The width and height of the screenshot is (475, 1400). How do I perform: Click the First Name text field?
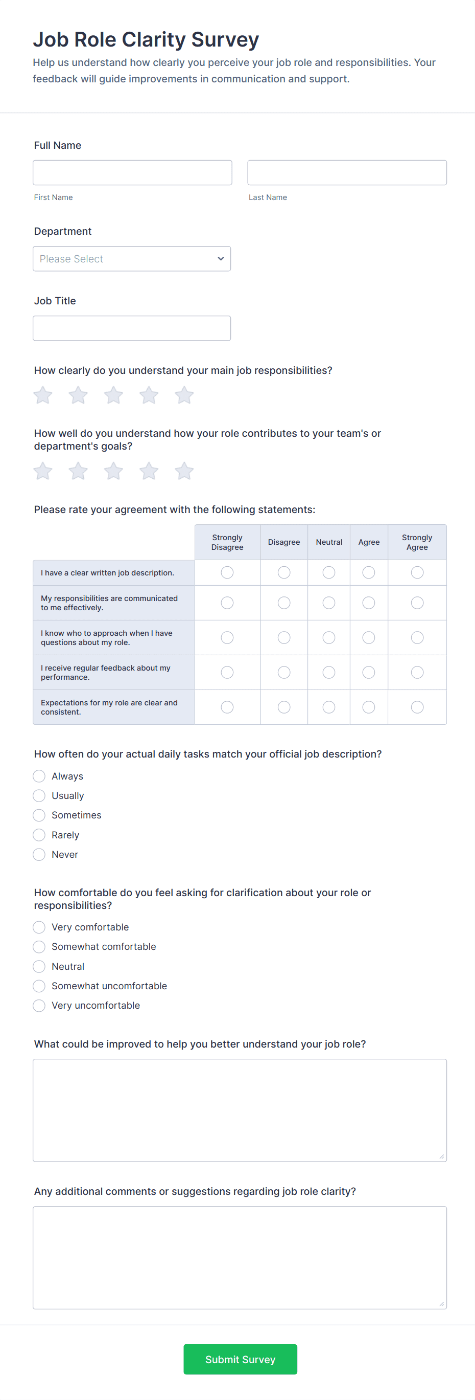point(132,172)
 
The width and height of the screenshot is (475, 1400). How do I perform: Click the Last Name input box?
point(347,172)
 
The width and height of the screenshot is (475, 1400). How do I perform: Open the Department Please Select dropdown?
point(132,259)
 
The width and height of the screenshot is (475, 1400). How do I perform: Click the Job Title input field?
point(132,328)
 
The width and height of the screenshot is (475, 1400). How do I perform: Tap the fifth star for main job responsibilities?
point(184,395)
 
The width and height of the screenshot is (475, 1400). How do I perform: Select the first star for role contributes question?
point(43,471)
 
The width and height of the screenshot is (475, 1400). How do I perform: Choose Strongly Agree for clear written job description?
point(417,572)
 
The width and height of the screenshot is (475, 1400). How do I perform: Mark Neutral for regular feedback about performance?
point(329,672)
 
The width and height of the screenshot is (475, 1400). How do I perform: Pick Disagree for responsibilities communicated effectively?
point(284,603)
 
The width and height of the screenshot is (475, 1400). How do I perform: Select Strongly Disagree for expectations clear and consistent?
point(227,707)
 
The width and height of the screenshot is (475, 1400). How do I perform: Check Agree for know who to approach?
point(369,637)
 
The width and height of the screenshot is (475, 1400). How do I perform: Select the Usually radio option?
point(39,796)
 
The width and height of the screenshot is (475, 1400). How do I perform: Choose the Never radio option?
point(39,854)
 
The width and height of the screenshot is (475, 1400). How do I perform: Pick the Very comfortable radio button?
point(39,927)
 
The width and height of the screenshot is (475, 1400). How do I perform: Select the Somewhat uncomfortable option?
point(39,986)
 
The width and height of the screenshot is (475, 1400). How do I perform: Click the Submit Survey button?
point(240,1359)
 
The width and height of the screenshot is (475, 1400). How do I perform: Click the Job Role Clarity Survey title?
point(146,40)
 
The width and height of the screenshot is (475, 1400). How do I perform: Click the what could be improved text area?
point(240,1110)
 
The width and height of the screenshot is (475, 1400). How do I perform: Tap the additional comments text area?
point(240,1258)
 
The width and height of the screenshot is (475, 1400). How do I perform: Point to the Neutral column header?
point(329,542)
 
